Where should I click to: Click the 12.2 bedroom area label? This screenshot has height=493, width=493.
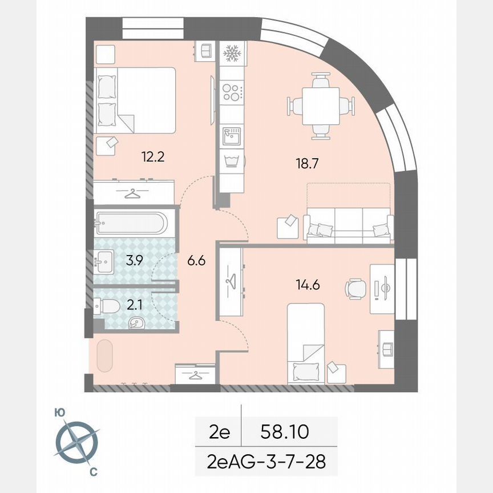click(x=153, y=157)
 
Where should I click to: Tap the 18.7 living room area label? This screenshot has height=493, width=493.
click(x=307, y=163)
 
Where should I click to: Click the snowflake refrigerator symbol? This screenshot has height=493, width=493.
click(x=232, y=54)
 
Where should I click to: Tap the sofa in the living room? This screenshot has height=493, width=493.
click(x=349, y=224)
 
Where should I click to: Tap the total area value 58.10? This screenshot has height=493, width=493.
click(x=284, y=432)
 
